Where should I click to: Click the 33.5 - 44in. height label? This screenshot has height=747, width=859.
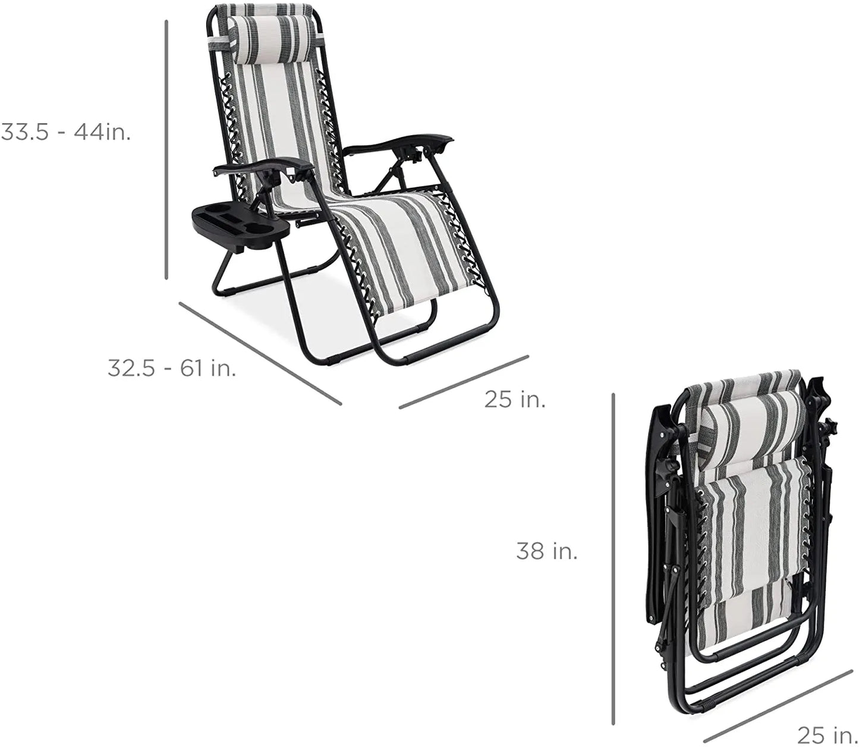coord(66,133)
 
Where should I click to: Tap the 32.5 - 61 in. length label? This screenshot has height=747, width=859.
coord(172,368)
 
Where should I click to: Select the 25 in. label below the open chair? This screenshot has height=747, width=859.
coord(515,399)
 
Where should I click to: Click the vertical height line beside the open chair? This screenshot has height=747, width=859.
coord(166,149)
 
